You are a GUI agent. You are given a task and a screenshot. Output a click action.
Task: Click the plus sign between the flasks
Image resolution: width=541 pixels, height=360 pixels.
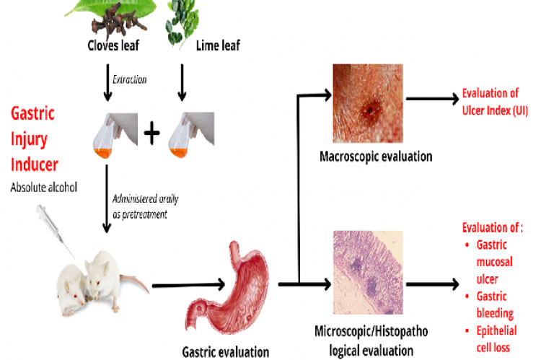(151, 133)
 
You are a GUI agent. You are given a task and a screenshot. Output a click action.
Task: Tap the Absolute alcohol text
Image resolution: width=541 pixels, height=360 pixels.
(44, 187)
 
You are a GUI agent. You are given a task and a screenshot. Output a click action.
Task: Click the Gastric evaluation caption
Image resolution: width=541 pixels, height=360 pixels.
(225, 351)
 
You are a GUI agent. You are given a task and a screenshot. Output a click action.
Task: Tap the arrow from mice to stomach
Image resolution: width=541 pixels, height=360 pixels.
(177, 287)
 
